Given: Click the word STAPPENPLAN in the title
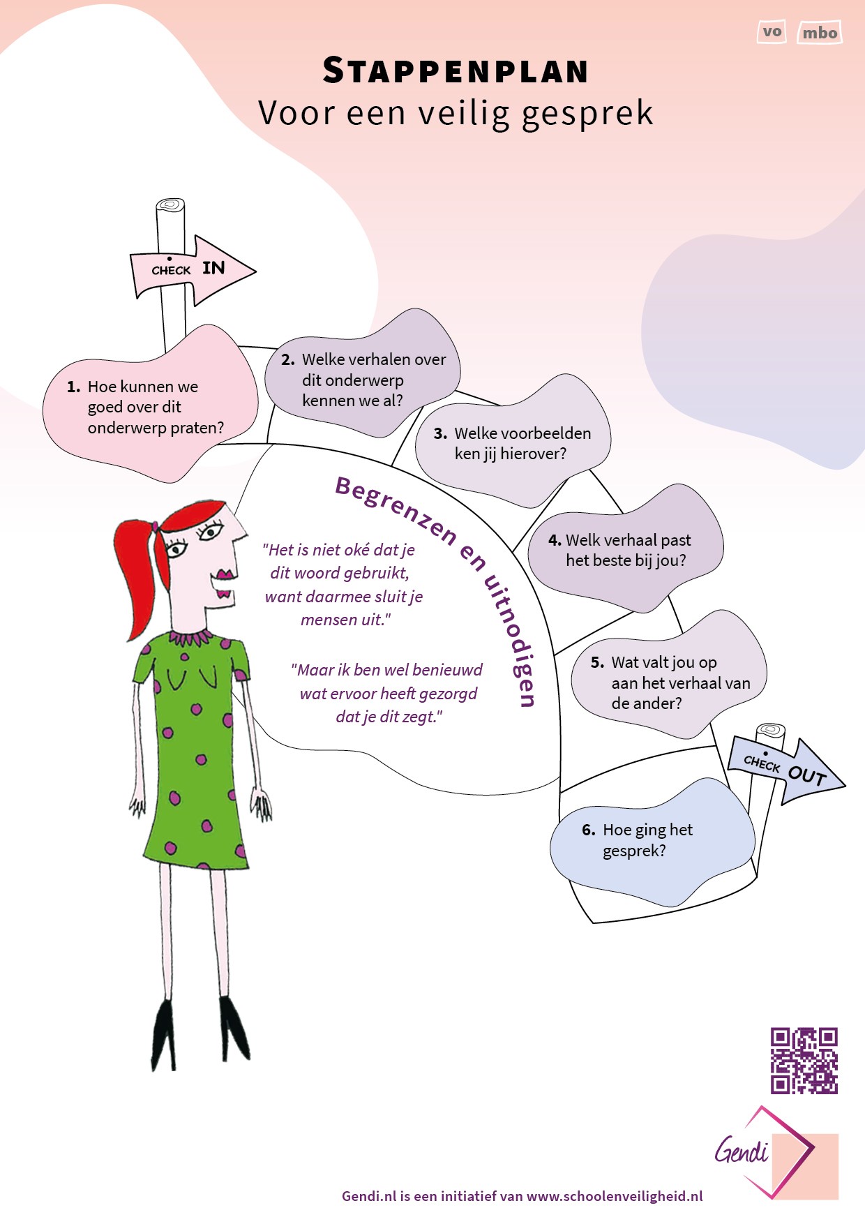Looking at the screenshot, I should tap(456, 71).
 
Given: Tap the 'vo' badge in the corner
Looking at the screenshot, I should tap(772, 32).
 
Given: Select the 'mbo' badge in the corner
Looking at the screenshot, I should tap(819, 33).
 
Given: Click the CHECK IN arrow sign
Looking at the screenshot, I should tap(193, 269).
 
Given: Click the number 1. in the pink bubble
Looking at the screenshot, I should tap(73, 387).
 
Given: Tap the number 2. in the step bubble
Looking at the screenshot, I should tap(288, 360).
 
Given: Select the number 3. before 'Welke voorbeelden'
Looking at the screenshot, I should tap(440, 433).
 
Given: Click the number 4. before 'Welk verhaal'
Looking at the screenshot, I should tap(555, 540).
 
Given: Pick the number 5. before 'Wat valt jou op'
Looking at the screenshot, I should tap(597, 662).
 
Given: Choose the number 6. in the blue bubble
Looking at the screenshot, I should tap(589, 830).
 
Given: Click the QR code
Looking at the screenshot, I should tap(804, 1060).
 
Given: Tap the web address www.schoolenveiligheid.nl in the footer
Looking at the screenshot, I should tap(615, 1196).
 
